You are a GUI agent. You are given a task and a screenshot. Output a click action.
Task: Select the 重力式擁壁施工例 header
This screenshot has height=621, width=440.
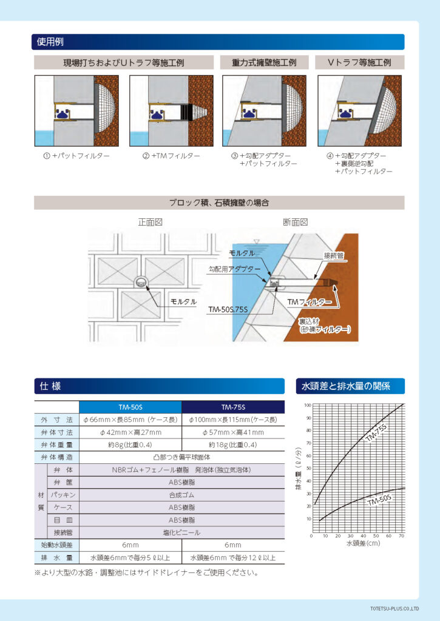(x=264, y=62)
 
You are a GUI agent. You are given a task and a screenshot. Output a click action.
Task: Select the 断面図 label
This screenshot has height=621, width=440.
(x=296, y=223)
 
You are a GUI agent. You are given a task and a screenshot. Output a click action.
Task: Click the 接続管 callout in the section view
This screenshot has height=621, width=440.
(x=334, y=257)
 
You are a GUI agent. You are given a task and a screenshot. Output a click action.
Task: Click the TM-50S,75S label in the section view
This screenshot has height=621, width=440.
(x=229, y=309)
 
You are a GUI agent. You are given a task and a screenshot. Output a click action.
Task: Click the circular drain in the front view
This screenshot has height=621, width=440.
(x=141, y=281)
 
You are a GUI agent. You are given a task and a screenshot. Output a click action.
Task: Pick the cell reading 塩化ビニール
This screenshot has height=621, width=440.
(x=181, y=532)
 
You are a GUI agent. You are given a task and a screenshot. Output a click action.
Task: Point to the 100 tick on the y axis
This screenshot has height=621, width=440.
(x=308, y=405)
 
